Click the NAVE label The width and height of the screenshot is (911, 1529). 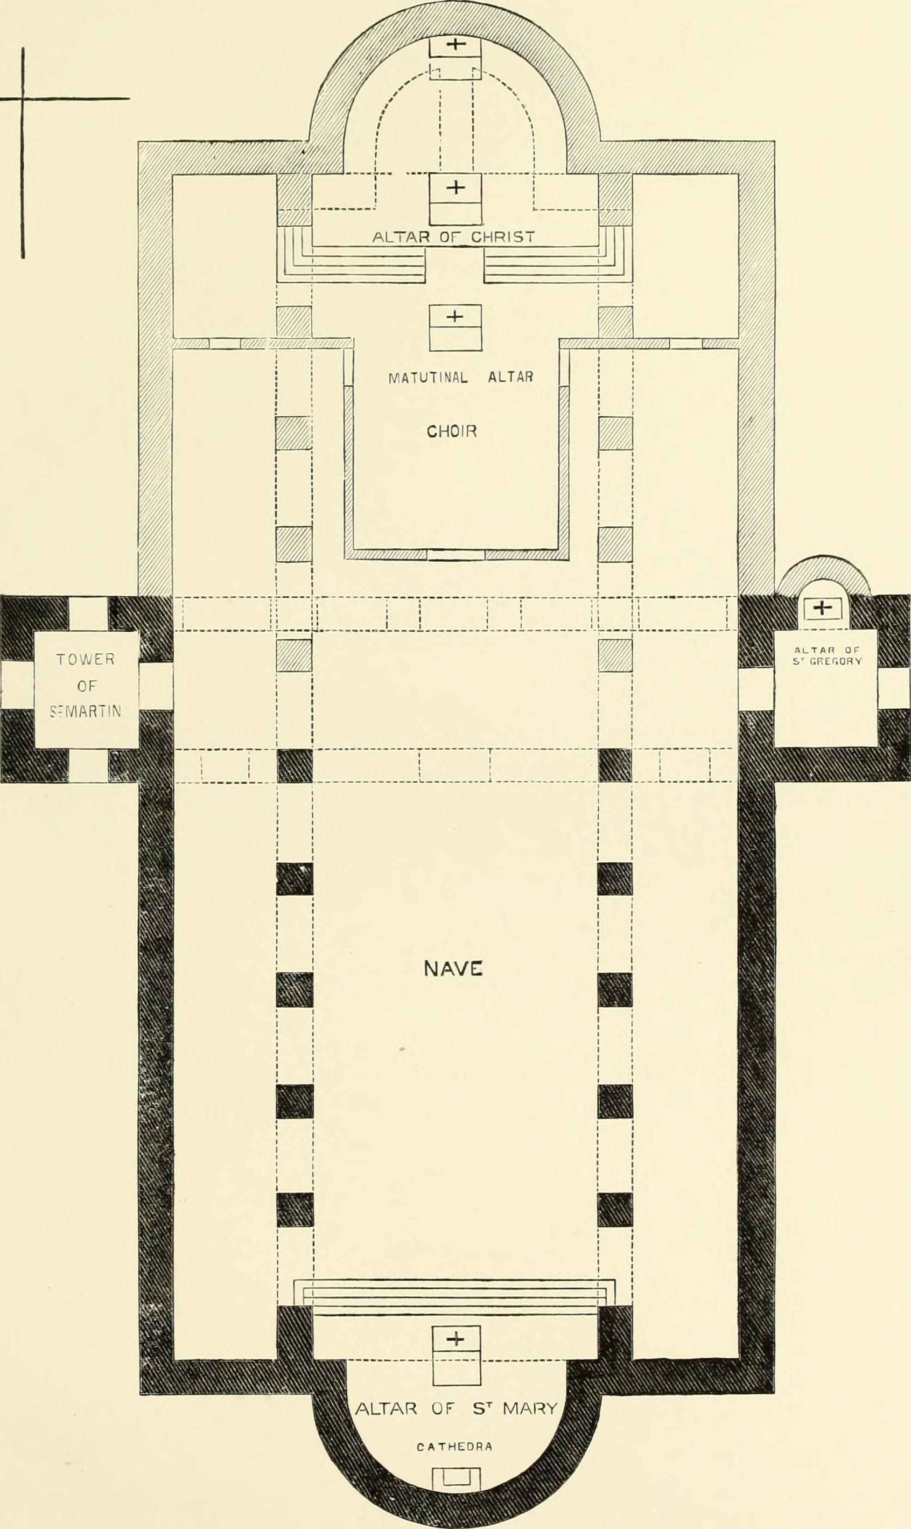454,968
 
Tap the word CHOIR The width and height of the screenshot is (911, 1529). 452,431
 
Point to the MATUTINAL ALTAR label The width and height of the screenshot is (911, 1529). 461,377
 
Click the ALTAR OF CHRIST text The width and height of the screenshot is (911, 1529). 454,237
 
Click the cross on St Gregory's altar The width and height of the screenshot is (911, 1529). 822,608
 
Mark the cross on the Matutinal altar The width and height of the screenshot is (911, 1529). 454,316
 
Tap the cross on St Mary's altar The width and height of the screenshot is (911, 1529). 455,1339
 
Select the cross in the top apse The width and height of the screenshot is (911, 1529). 455,45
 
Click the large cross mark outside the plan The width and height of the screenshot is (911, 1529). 23,97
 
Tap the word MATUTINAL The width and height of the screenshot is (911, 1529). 428,377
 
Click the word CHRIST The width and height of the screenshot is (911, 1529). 503,237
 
